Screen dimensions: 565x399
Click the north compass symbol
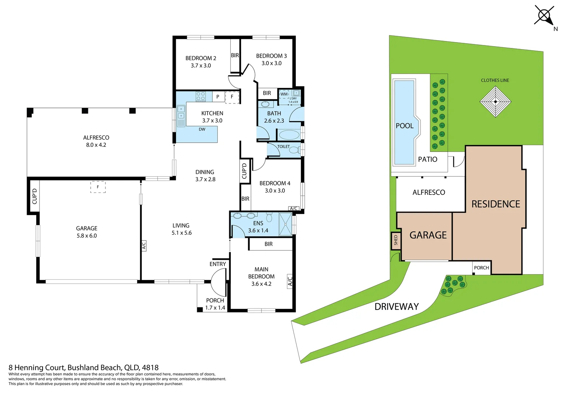coord(544,16)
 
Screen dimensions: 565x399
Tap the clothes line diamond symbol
coord(495,102)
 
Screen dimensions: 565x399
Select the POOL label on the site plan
coord(405,126)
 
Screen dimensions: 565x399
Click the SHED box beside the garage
coord(396,241)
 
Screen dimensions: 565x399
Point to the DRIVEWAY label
coord(396,307)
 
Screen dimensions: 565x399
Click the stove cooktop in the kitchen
coord(201,96)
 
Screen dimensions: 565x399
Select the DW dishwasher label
coord(202,129)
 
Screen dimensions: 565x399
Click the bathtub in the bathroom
coord(289,134)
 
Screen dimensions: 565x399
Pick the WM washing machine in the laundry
coord(284,94)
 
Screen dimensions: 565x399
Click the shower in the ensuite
coord(285,224)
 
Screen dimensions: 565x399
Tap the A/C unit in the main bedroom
coord(290,281)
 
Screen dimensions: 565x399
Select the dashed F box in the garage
coord(98,187)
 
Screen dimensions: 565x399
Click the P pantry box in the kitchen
coord(218,96)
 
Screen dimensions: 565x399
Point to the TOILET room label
coord(284,146)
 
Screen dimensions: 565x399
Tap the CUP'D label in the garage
coord(34,196)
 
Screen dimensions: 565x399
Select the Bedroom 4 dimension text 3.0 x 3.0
coord(275,191)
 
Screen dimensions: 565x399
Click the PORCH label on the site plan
coord(481,268)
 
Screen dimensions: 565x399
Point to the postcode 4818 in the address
coord(150,368)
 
